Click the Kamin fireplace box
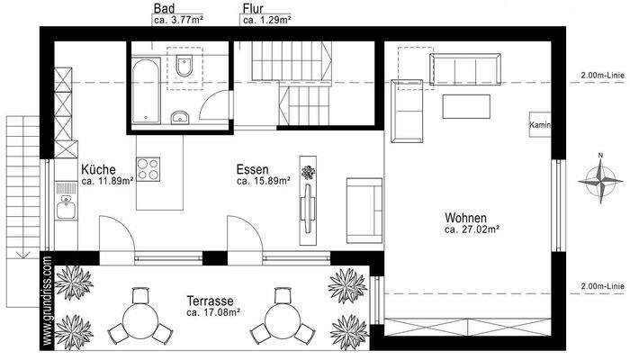coord(540,125)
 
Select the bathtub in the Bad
coord(144,93)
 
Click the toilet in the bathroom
coord(184,68)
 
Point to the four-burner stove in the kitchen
coord(148,169)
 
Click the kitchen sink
coord(65,211)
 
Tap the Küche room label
coord(97,169)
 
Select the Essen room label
coord(253,169)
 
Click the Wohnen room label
coord(466,219)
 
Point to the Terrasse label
coord(212,301)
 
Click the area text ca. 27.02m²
coord(472,230)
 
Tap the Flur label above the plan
coord(252,8)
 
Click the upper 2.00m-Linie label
coord(602,76)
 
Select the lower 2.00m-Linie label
coord(602,286)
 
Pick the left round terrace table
coord(139,316)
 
